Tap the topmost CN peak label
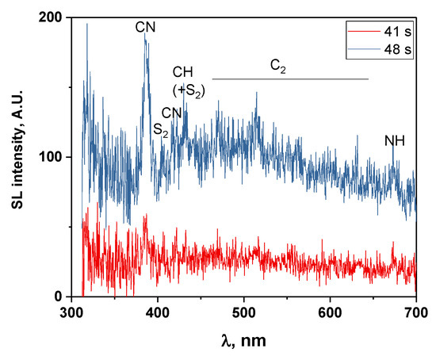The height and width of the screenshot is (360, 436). [x=145, y=28]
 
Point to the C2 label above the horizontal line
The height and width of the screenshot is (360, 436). [x=277, y=69]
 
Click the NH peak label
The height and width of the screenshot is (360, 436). [x=394, y=141]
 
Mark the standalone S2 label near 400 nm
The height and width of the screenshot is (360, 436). [x=161, y=128]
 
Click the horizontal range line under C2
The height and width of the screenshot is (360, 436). [x=290, y=79]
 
